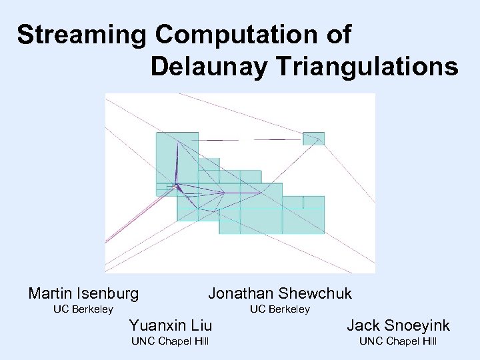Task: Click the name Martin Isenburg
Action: [x=84, y=293]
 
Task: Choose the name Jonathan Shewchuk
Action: [x=280, y=293]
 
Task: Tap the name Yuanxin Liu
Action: [x=170, y=325]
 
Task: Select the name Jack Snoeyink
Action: [x=398, y=325]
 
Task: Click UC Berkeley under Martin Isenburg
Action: [x=83, y=309]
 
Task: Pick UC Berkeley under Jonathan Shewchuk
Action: [x=280, y=309]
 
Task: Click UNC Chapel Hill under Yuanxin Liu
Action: [x=170, y=341]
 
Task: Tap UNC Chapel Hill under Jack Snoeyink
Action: [x=398, y=341]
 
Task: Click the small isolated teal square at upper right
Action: [x=313, y=138]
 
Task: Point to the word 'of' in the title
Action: [x=338, y=35]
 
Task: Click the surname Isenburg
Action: [x=107, y=293]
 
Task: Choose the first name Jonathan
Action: [x=241, y=293]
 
